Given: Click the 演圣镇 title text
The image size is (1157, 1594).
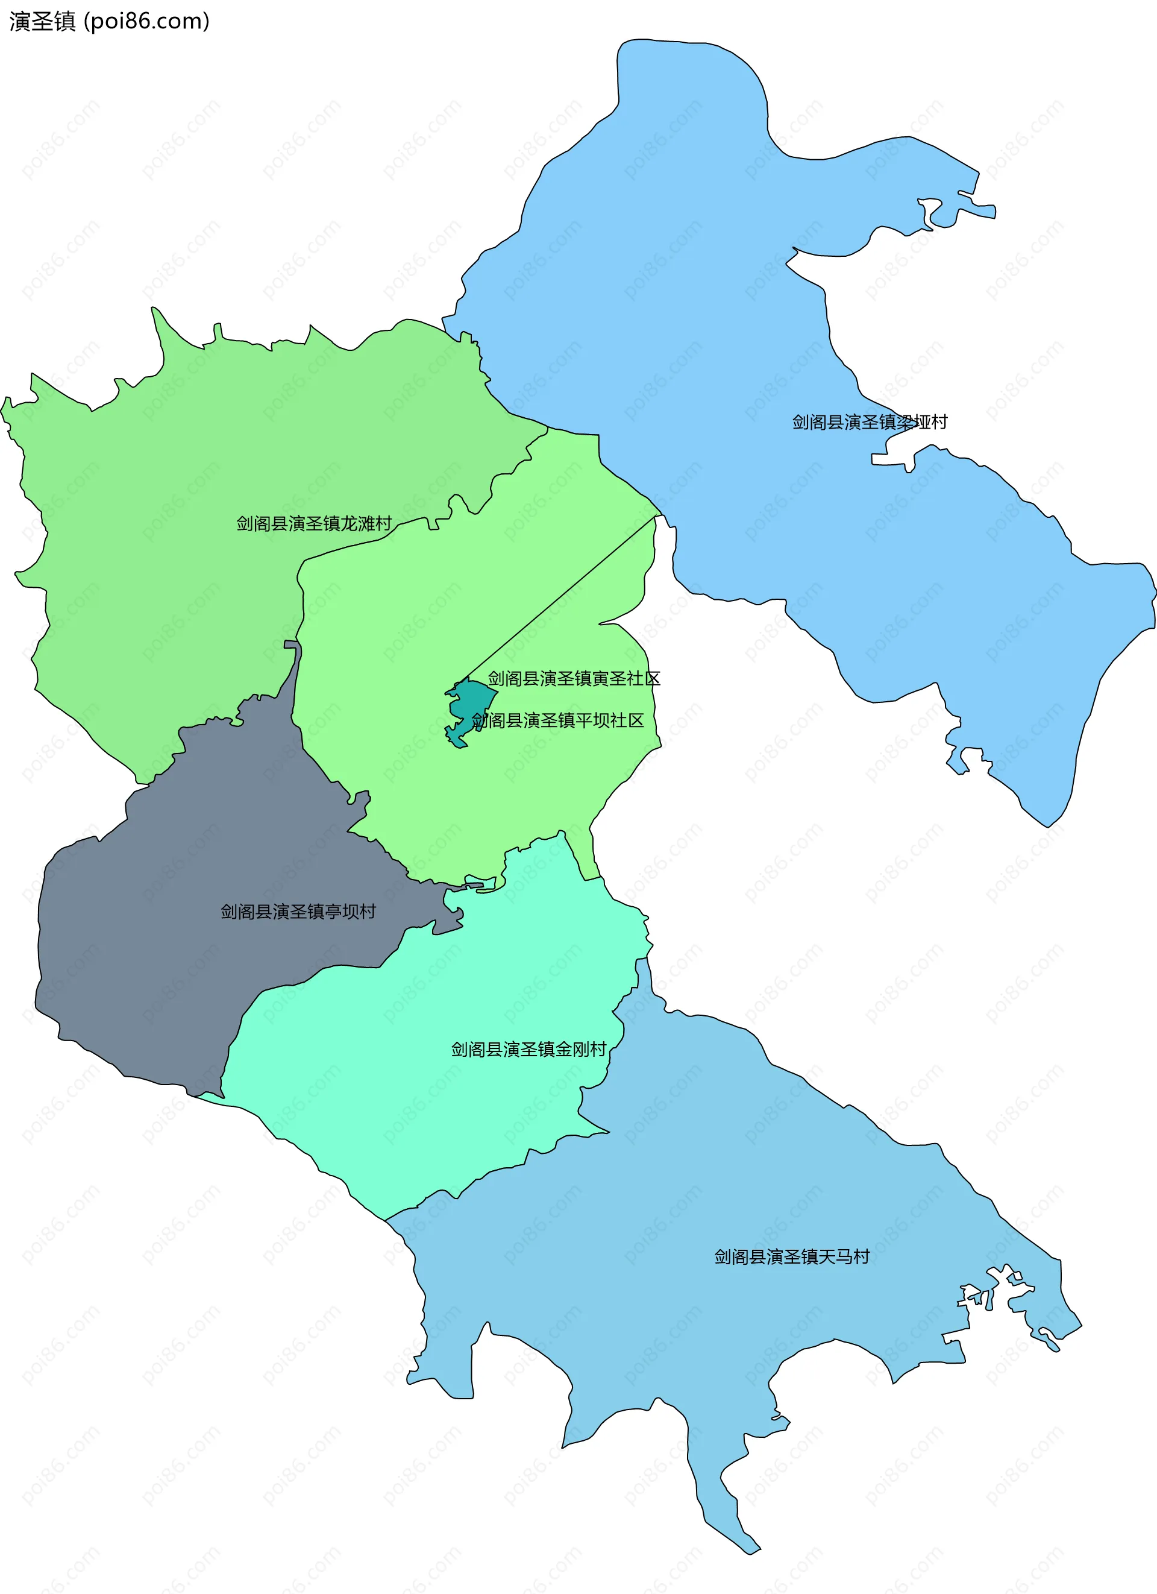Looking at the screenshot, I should [42, 22].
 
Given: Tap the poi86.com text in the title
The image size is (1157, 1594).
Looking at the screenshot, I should [146, 22].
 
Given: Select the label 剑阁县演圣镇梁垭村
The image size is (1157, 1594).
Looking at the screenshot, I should [870, 421].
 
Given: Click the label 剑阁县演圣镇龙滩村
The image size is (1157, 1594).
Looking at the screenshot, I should [313, 524].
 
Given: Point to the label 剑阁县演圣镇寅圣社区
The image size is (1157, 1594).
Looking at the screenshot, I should [574, 678].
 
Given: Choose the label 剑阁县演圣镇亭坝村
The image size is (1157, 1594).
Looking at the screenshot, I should [298, 912].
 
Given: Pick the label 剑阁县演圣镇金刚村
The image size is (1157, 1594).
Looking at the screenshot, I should [528, 1050].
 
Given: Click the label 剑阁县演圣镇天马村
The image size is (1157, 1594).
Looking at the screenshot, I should [792, 1256].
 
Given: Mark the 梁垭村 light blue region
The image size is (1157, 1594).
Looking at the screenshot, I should [703, 281].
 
